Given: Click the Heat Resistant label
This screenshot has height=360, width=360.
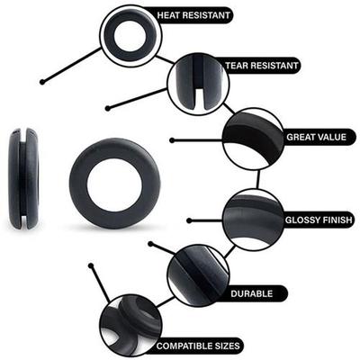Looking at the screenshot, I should (x=193, y=15).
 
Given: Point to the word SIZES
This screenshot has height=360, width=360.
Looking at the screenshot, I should (x=220, y=346).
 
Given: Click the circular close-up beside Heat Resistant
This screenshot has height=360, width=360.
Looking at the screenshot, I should (x=130, y=34).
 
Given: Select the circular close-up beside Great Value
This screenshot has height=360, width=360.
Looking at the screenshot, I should (x=253, y=139).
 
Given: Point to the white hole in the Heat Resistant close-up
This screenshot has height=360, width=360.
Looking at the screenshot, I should (x=130, y=35).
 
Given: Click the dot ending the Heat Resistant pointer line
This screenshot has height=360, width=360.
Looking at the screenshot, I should (x=41, y=83).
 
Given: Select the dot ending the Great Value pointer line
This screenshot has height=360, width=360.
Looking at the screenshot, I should (x=171, y=140).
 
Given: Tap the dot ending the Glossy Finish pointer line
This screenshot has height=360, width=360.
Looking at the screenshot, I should (x=188, y=220).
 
